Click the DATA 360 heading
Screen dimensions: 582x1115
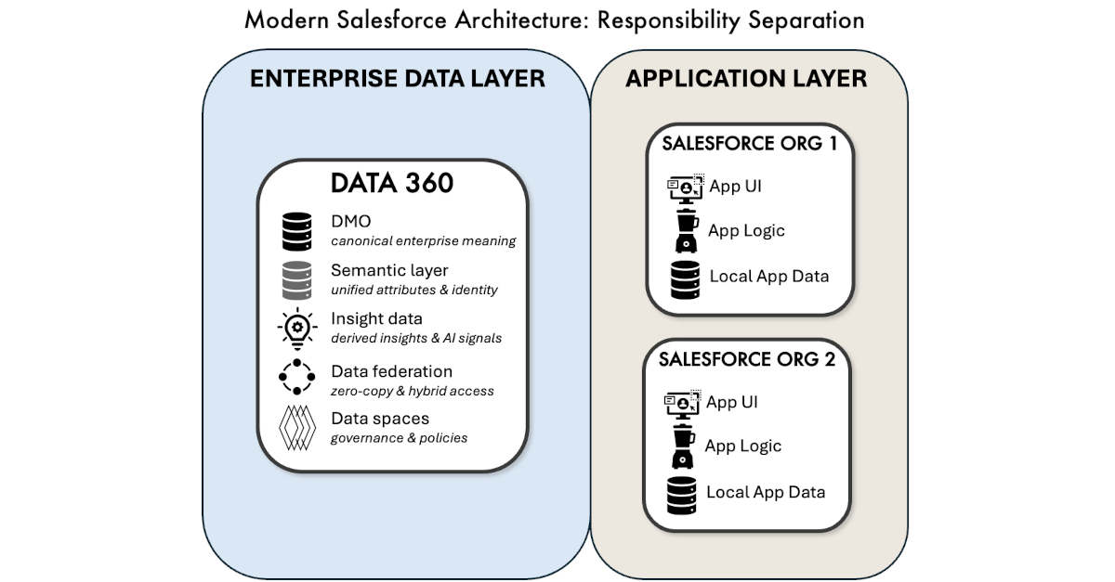pyautogui.click(x=392, y=183)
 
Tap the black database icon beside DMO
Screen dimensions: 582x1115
pyautogui.click(x=297, y=232)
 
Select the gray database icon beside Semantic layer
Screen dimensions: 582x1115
pyautogui.click(x=297, y=279)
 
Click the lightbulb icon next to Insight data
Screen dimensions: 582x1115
pyautogui.click(x=297, y=328)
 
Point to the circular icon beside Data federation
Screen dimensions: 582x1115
pyautogui.click(x=297, y=376)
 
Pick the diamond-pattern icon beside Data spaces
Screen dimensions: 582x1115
pyautogui.click(x=297, y=427)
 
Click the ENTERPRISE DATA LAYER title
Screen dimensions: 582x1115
pyautogui.click(x=397, y=79)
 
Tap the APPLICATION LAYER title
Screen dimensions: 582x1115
pyautogui.click(x=746, y=79)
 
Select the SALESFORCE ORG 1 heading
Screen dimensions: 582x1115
pyautogui.click(x=748, y=144)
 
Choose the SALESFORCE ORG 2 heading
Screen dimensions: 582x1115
pyautogui.click(x=747, y=359)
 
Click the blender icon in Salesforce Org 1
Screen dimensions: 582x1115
pyautogui.click(x=687, y=231)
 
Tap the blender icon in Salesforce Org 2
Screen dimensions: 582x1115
pyautogui.click(x=684, y=446)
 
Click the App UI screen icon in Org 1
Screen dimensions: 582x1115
pyautogui.click(x=686, y=187)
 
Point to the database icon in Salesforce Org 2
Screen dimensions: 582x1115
pyautogui.click(x=683, y=493)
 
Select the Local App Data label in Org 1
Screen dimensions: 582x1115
pyautogui.click(x=768, y=276)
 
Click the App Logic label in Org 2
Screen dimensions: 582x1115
pyautogui.click(x=742, y=446)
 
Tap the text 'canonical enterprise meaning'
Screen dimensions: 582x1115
pyautogui.click(x=423, y=241)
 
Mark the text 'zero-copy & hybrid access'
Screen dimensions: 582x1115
pyautogui.click(x=412, y=391)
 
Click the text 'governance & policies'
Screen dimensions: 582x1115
pyautogui.click(x=399, y=437)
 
